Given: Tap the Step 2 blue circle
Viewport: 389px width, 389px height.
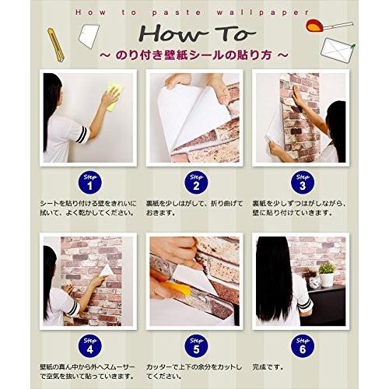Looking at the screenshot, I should pos(193,184).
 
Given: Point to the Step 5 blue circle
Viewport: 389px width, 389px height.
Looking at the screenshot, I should pos(193,340).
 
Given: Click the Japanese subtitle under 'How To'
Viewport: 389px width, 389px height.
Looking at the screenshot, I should pos(194,57).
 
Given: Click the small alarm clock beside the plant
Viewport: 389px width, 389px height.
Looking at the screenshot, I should pos(313,282).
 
